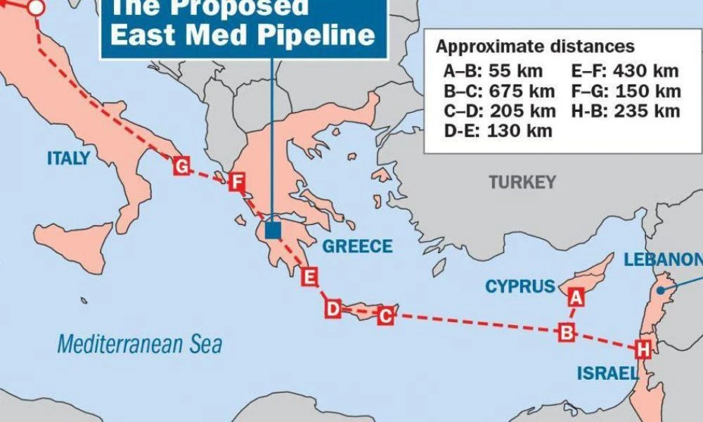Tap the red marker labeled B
(567, 331)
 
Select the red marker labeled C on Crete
(385, 316)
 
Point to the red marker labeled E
(309, 276)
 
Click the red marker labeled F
(236, 184)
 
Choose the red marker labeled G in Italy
(181, 167)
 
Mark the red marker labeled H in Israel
(642, 349)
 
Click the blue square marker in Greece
(273, 230)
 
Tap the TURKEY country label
(522, 183)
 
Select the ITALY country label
(68, 158)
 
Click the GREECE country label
(357, 246)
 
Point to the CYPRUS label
(520, 287)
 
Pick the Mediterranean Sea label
(139, 345)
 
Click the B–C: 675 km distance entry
(499, 91)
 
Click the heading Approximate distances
(535, 47)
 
